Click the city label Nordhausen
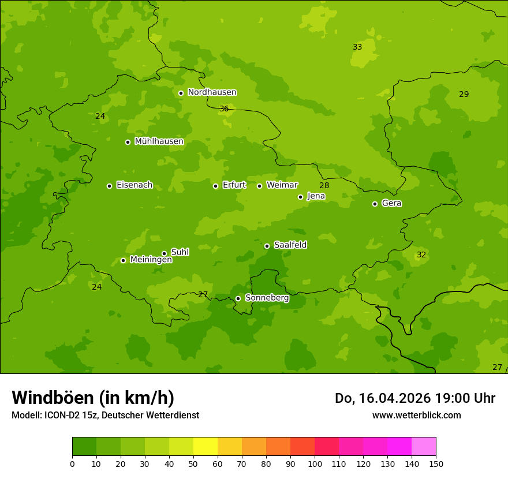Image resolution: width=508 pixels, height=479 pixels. (212, 92)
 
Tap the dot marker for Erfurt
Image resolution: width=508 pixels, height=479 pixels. (215, 186)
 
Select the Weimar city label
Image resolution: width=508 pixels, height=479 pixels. (282, 185)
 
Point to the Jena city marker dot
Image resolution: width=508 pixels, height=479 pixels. (300, 197)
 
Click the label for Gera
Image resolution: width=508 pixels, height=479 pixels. (391, 203)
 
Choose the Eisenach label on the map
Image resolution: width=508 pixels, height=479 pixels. (135, 185)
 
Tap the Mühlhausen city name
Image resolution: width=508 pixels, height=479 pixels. (159, 141)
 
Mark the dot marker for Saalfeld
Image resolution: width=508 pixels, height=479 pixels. (267, 246)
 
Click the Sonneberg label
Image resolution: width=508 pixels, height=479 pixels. (267, 298)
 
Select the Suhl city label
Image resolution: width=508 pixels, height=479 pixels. (180, 252)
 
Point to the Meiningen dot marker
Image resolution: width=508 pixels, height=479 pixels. (123, 260)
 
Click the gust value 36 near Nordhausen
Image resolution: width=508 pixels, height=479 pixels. (224, 109)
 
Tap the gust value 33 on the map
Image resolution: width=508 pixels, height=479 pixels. (357, 47)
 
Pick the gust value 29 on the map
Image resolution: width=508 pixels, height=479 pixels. (464, 94)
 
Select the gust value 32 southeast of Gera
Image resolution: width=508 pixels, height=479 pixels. (421, 255)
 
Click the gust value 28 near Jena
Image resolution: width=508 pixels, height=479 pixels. (324, 185)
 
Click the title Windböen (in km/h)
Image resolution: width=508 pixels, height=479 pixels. (93, 398)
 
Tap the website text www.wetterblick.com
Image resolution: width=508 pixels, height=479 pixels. (416, 415)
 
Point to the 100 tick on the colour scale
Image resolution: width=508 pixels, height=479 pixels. (315, 463)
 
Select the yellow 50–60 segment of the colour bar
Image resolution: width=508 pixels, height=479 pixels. (206, 447)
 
